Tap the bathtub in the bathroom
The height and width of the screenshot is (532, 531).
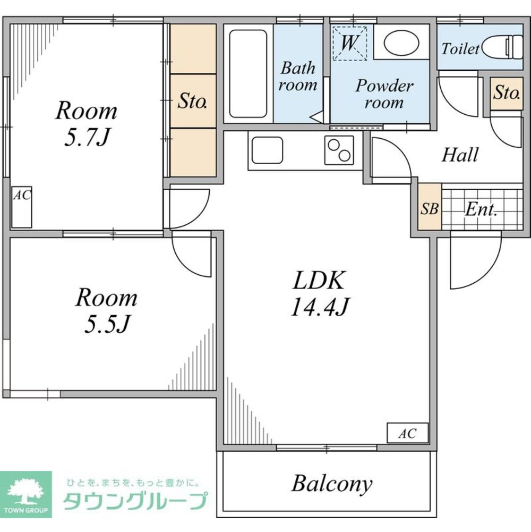tap(248, 74)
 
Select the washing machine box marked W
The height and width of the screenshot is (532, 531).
tap(350, 43)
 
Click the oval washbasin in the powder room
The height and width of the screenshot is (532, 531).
tap(401, 44)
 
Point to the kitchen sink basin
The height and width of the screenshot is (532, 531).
tap(267, 150)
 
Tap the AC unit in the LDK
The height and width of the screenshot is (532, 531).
tap(408, 433)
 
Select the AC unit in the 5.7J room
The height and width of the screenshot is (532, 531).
tap(22, 207)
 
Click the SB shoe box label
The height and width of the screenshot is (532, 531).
tap(430, 209)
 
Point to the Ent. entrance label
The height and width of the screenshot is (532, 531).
tap(481, 209)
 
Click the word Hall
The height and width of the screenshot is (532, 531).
tap(460, 155)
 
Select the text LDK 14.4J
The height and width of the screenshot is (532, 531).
tap(320, 294)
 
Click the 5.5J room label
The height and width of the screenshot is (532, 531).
tap(107, 310)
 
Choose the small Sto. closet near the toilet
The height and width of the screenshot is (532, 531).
tap(507, 94)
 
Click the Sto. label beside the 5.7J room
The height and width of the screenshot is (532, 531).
tap(193, 101)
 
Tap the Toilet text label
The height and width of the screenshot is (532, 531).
tap(460, 49)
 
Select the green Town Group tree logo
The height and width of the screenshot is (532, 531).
tap(26, 494)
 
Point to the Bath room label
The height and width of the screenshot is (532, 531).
tap(298, 77)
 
